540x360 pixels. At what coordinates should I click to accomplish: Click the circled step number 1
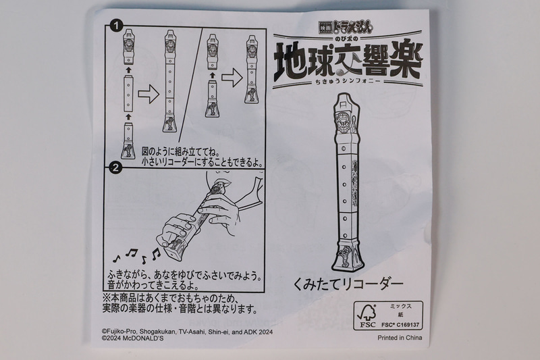[x=117, y=27]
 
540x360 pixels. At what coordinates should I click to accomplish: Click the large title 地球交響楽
[x=349, y=63]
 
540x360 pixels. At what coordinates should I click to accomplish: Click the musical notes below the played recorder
[x=138, y=256]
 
